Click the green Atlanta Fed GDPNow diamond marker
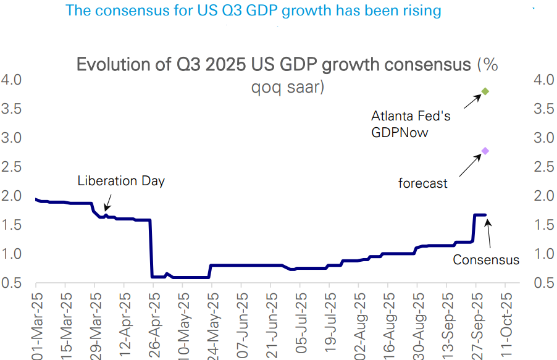(485, 91)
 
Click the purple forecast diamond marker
(485, 151)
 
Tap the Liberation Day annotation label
(121, 181)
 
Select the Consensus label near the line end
(486, 260)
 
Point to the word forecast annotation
(422, 183)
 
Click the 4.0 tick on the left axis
(12, 80)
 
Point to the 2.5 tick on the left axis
(12, 167)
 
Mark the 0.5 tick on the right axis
(543, 283)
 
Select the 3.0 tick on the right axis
(543, 138)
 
